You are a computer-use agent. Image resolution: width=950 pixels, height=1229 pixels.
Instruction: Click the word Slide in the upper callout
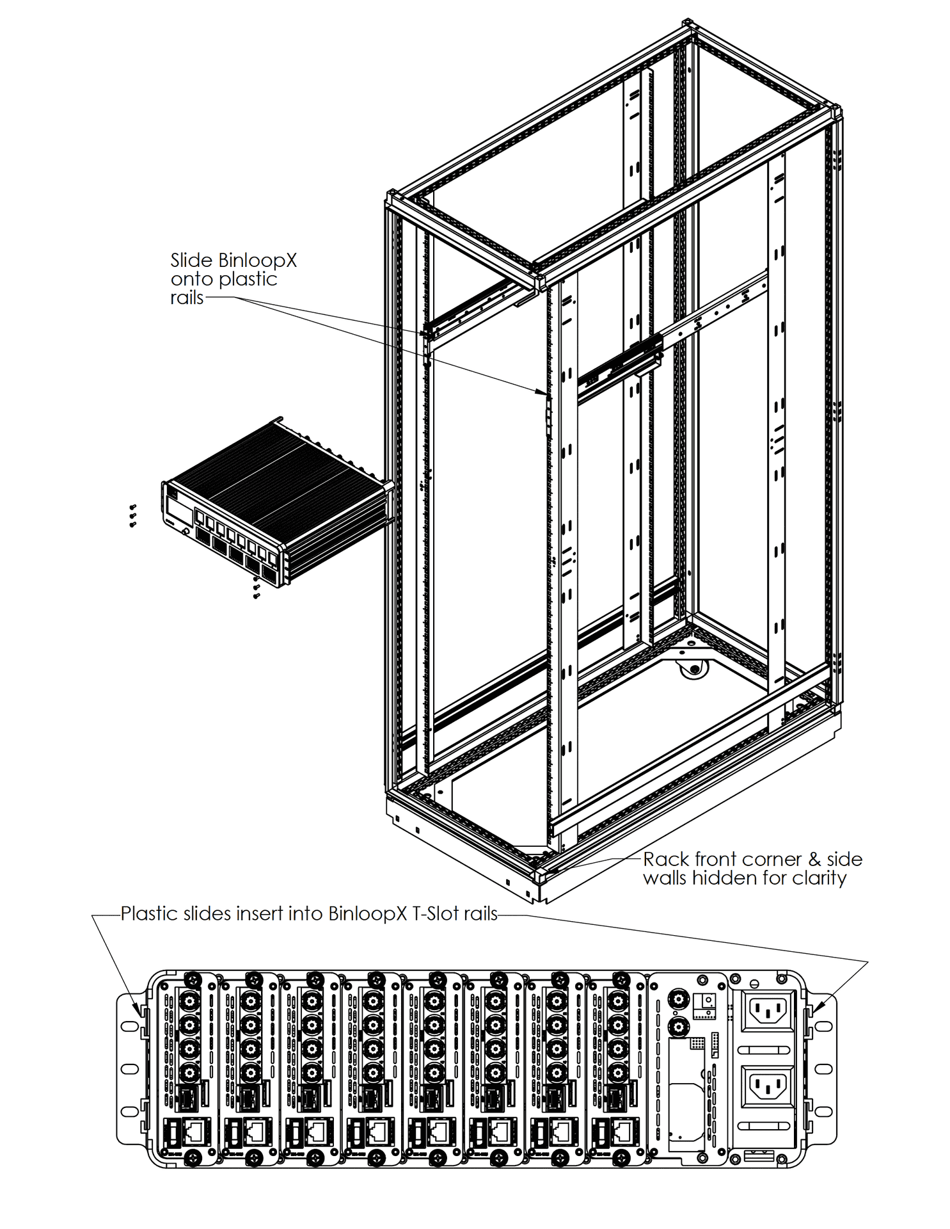pyautogui.click(x=191, y=261)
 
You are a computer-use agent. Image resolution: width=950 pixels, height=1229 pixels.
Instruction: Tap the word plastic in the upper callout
pyautogui.click(x=248, y=280)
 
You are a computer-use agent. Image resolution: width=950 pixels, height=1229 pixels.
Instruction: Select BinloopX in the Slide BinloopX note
pyautogui.click(x=257, y=261)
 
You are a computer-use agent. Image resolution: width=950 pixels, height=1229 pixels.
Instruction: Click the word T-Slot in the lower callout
pyautogui.click(x=435, y=913)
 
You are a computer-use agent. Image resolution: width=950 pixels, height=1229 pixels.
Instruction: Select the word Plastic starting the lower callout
pyautogui.click(x=150, y=913)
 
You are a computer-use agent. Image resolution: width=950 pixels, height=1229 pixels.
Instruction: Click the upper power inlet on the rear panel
pyautogui.click(x=767, y=1011)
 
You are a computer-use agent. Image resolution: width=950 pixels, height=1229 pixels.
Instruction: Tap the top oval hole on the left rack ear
pyautogui.click(x=129, y=1025)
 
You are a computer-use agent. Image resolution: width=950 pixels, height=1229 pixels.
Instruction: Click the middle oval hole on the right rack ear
pyautogui.click(x=823, y=1068)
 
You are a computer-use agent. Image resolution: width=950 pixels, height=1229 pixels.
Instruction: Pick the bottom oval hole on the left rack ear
pyautogui.click(x=129, y=1111)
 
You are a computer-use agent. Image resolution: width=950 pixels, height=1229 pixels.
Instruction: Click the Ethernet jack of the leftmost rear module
pyautogui.click(x=195, y=1132)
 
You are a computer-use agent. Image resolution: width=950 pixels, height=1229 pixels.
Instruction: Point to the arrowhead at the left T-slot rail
pyautogui.click(x=137, y=1011)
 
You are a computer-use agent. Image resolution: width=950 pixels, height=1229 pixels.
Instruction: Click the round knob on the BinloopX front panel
pyautogui.click(x=185, y=532)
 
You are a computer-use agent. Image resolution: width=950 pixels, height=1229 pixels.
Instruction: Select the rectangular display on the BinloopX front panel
pyautogui.click(x=180, y=510)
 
